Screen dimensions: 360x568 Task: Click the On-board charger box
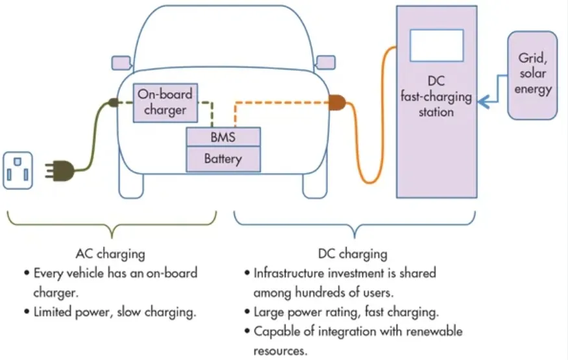pos(165,102)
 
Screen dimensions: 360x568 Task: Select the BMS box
pos(223,138)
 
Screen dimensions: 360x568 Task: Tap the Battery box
pos(223,159)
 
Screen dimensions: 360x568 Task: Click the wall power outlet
pos(18,171)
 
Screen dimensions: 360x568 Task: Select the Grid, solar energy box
pos(533,75)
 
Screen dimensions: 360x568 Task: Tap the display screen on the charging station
pos(436,45)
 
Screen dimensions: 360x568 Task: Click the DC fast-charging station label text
pos(436,96)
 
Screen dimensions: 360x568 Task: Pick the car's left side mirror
pos(121,62)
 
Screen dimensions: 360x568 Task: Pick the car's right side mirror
pos(325,62)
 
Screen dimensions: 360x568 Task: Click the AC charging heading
pos(110,253)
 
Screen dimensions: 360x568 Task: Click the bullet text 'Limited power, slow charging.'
pos(114,311)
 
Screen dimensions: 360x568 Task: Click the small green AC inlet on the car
pos(113,102)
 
